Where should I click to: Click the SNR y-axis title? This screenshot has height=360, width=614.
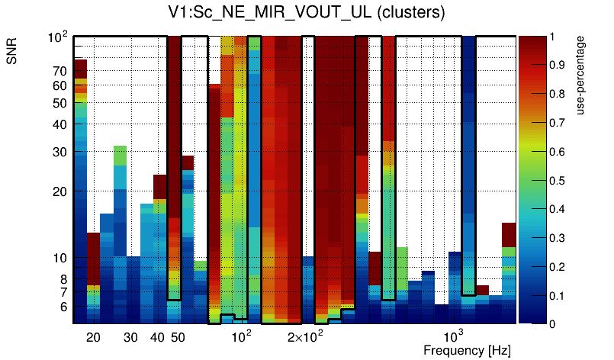pyautogui.click(x=12, y=52)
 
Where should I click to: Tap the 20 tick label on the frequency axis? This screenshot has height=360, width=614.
pyautogui.click(x=93, y=337)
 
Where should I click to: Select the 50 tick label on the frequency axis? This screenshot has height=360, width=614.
pyautogui.click(x=177, y=337)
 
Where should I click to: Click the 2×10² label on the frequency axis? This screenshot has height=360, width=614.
pyautogui.click(x=305, y=336)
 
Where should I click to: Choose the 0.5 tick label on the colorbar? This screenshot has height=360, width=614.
pyautogui.click(x=561, y=181)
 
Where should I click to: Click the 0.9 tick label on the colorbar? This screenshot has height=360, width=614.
pyautogui.click(x=561, y=66)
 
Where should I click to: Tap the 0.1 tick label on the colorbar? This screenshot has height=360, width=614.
pyautogui.click(x=561, y=296)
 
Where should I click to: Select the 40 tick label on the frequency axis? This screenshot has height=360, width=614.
pyautogui.click(x=157, y=337)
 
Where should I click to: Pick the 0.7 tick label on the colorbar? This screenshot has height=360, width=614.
pyautogui.click(x=561, y=123)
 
